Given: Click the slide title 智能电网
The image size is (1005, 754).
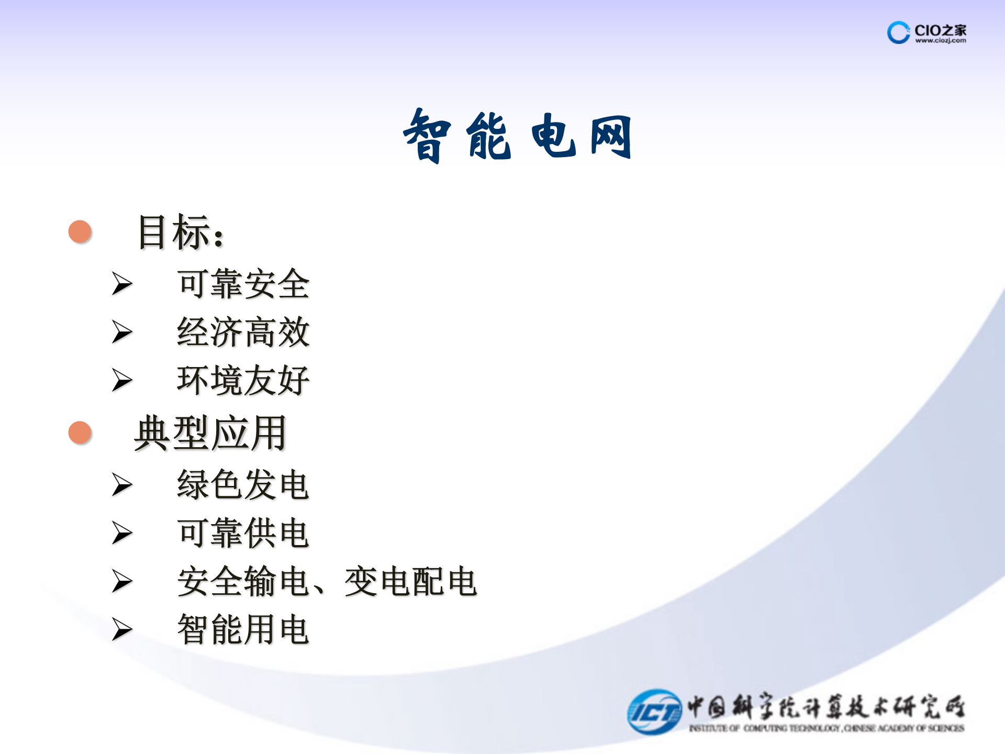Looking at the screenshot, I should tap(517, 136).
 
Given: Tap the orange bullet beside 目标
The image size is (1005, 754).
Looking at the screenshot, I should tap(80, 231).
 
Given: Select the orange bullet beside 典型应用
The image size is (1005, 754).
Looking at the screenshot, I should tap(80, 433).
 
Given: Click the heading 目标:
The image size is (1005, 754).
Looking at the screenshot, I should tap(181, 232).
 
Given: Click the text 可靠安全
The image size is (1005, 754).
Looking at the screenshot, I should tap(243, 284).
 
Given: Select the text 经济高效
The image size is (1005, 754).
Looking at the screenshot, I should tap(243, 332).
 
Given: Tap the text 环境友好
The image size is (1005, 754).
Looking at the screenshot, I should tap(243, 380).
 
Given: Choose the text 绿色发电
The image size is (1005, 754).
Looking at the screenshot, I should tap(243, 485).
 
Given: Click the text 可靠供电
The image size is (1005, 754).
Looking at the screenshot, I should tap(243, 533).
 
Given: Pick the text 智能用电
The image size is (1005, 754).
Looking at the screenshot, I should tap(243, 629).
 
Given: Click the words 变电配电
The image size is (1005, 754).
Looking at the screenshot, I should tap(410, 581).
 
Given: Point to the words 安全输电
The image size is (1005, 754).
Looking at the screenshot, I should tap(243, 581).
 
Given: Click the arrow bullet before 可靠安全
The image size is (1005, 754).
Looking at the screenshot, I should tap(122, 284).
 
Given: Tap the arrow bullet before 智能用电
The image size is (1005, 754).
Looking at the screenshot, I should tap(122, 629).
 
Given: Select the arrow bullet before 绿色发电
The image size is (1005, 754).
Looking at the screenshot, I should tap(122, 485).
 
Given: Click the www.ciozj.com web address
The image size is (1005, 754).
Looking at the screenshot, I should tap(941, 40).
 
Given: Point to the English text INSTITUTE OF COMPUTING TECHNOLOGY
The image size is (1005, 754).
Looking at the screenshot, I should tap(764, 728).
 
